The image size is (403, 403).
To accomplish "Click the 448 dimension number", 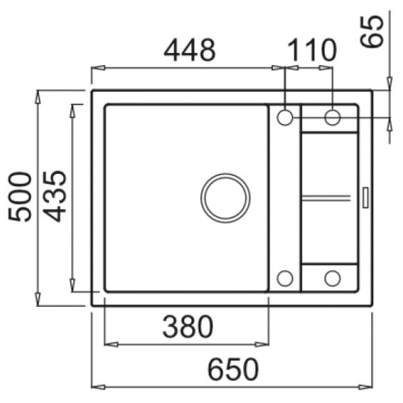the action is pos(189,50).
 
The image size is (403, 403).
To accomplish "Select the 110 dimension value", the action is pos(312,50).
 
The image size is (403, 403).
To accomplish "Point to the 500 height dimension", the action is pos(19,197).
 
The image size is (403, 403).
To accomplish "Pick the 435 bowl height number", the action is pos(54,196).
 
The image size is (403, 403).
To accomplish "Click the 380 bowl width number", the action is pos(188,326).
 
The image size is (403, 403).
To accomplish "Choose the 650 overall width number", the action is pos(233,369).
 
